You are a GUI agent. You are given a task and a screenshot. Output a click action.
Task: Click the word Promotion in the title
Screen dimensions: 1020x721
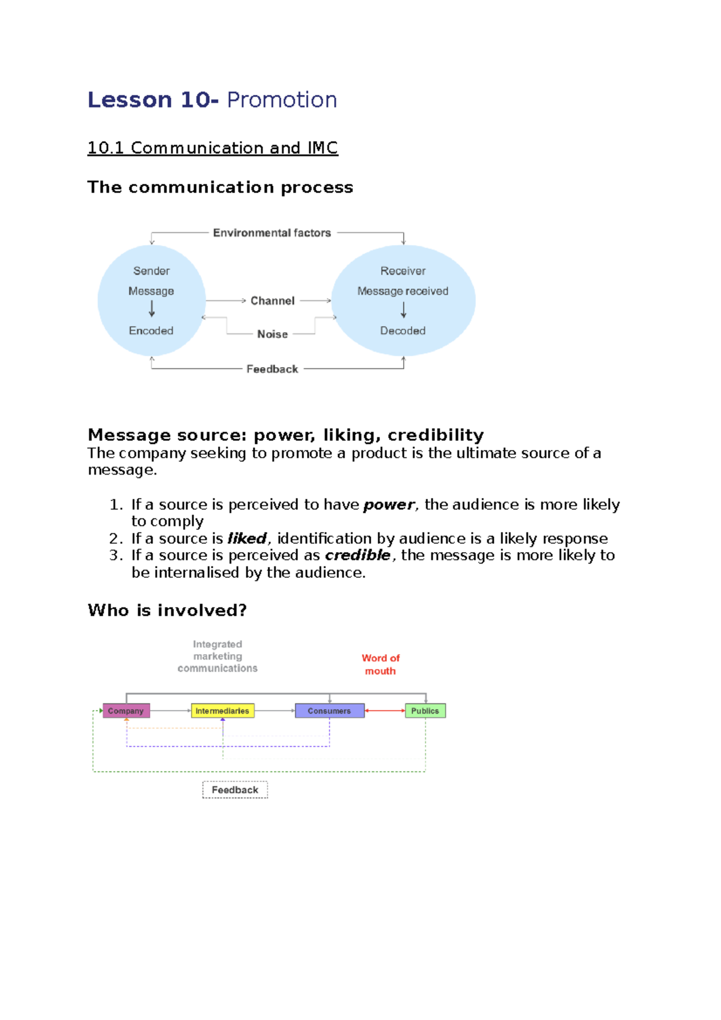pyautogui.click(x=282, y=100)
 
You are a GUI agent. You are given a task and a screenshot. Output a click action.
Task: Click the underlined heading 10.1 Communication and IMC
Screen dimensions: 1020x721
pyautogui.click(x=213, y=148)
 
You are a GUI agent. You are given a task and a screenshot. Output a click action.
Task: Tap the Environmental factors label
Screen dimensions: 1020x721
pyautogui.click(x=272, y=232)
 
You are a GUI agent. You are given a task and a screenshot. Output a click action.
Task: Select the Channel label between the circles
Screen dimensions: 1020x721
pyautogui.click(x=272, y=300)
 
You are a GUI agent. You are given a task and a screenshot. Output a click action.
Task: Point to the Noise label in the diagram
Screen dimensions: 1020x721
pyautogui.click(x=272, y=334)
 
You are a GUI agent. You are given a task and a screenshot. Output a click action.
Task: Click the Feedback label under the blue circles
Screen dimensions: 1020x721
pyautogui.click(x=272, y=369)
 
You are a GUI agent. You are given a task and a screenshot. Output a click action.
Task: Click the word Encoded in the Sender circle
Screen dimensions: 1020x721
pyautogui.click(x=151, y=330)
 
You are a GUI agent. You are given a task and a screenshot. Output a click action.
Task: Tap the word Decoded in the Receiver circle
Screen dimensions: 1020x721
pyautogui.click(x=403, y=330)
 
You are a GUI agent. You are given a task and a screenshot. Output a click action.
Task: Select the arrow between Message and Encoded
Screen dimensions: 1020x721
pyautogui.click(x=151, y=309)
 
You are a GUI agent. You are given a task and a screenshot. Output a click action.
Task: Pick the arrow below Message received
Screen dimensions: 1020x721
pyautogui.click(x=403, y=310)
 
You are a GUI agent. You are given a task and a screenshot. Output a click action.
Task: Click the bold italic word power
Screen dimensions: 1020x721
pyautogui.click(x=388, y=505)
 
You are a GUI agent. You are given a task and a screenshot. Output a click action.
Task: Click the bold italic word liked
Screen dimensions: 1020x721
pyautogui.click(x=246, y=538)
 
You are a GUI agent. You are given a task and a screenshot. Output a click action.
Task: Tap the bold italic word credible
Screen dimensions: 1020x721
pyautogui.click(x=357, y=555)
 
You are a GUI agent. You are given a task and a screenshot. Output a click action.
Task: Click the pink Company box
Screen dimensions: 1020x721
pyautogui.click(x=126, y=711)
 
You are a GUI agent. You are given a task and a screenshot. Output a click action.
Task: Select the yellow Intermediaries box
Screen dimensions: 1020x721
pyautogui.click(x=222, y=711)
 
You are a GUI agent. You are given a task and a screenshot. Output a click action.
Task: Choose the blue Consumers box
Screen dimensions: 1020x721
pyautogui.click(x=329, y=711)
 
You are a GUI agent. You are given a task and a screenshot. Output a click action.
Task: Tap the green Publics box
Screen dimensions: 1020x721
pyautogui.click(x=425, y=711)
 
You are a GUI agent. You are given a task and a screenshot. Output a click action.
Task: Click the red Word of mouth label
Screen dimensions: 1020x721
pyautogui.click(x=380, y=664)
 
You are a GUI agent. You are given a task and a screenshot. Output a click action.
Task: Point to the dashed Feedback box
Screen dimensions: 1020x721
pyautogui.click(x=235, y=789)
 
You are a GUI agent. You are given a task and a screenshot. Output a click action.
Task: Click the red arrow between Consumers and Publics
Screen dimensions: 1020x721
pyautogui.click(x=385, y=711)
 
